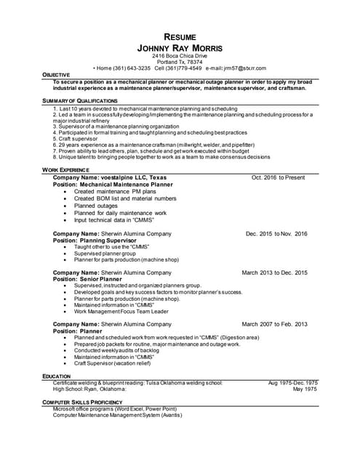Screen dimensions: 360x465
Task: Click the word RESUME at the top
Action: click(x=180, y=36)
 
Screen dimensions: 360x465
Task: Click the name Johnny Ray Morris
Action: click(x=180, y=47)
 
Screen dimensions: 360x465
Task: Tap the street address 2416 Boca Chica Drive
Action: click(x=180, y=56)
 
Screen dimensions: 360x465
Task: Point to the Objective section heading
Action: click(x=56, y=75)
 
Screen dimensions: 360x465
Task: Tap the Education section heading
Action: click(x=57, y=376)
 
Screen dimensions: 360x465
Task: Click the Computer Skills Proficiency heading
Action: click(x=81, y=401)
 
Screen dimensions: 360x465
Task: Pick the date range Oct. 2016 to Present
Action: click(x=279, y=177)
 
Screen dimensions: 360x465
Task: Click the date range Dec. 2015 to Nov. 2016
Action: click(x=276, y=234)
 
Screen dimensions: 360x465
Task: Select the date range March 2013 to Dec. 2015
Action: click(x=274, y=272)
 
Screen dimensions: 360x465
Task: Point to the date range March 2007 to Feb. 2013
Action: click(x=274, y=324)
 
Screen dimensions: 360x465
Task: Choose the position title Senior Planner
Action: click(x=106, y=279)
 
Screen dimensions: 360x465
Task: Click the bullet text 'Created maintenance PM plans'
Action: click(x=114, y=192)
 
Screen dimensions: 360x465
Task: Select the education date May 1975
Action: click(x=305, y=389)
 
